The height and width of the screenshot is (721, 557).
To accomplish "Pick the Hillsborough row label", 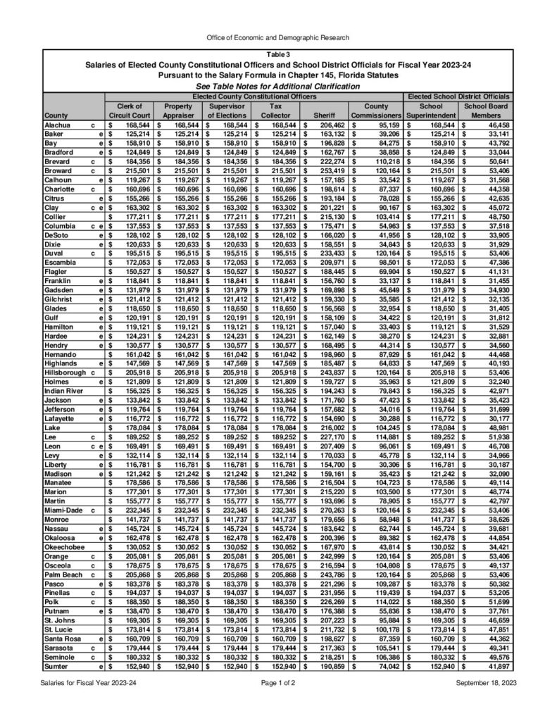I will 68,370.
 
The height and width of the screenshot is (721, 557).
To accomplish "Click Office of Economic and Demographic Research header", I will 278,37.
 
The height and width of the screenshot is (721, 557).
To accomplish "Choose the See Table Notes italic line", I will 278,86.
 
